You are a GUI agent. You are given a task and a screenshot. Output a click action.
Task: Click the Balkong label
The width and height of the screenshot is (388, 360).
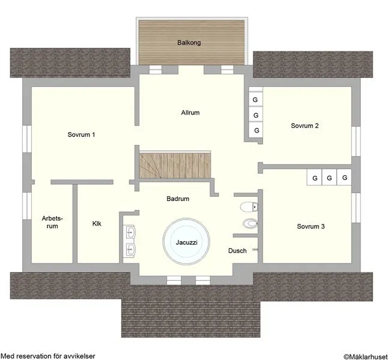(x=189, y=43)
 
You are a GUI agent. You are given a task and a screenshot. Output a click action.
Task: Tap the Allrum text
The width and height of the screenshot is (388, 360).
(x=190, y=113)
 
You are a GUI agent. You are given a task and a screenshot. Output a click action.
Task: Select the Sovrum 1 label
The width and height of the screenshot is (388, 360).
(x=81, y=135)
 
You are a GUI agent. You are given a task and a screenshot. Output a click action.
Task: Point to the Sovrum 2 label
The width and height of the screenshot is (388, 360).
(x=305, y=125)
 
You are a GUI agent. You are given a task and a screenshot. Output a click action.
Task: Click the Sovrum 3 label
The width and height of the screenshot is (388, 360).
(x=311, y=226)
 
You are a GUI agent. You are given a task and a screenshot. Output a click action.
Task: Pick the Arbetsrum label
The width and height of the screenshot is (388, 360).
(x=52, y=222)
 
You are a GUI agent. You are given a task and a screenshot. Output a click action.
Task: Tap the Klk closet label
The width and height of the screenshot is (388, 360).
(x=97, y=224)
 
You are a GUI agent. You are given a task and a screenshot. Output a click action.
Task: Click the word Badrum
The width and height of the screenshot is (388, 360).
(x=178, y=199)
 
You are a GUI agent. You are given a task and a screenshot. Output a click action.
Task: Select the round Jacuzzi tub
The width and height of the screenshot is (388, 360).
(x=186, y=241)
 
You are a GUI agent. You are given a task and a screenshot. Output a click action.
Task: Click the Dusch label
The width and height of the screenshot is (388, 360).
(x=237, y=251)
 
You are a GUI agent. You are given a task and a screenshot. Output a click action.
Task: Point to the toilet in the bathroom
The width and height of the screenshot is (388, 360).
(x=249, y=207)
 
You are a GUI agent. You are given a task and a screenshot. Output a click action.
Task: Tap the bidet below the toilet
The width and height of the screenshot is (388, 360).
(x=250, y=224)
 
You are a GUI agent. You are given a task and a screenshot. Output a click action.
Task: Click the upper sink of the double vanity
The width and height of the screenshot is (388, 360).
(x=130, y=232)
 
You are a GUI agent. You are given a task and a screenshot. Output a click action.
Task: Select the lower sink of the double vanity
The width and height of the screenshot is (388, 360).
(x=130, y=249)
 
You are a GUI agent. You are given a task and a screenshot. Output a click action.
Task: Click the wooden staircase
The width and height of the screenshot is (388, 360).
(x=175, y=165)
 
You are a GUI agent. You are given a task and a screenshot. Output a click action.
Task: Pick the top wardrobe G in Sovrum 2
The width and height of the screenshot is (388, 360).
(x=255, y=99)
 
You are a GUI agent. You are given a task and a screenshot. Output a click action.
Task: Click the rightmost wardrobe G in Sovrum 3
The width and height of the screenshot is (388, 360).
(x=344, y=177)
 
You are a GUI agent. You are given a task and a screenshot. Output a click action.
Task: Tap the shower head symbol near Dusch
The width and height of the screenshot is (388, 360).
(x=255, y=250)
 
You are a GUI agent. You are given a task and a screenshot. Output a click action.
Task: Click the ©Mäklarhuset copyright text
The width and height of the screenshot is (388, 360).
(x=366, y=356)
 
